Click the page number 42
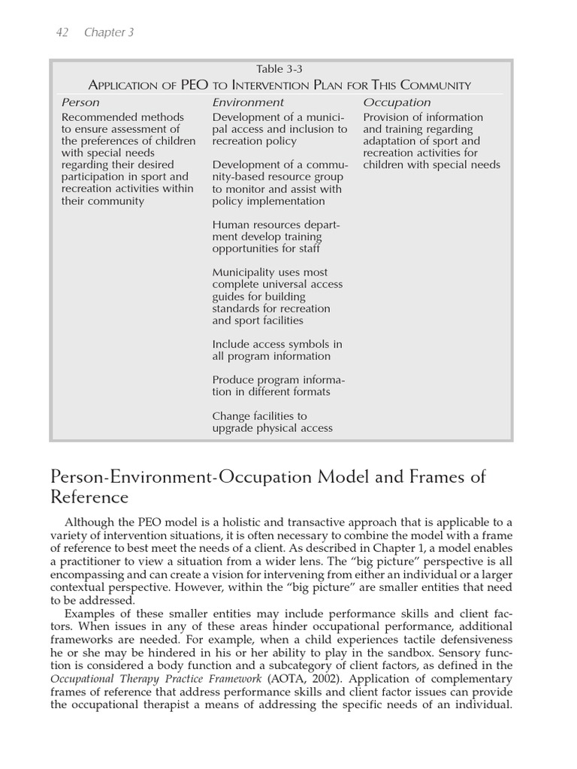pos(64,32)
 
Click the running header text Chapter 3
pos(109,32)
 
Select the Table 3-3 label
pos(280,70)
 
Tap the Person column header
pos(80,102)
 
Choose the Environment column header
pos(248,102)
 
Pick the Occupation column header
pos(397,102)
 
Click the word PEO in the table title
pos(194,86)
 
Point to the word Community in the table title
pos(432,86)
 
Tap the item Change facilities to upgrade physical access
pos(271,422)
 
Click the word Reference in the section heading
pos(89,497)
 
